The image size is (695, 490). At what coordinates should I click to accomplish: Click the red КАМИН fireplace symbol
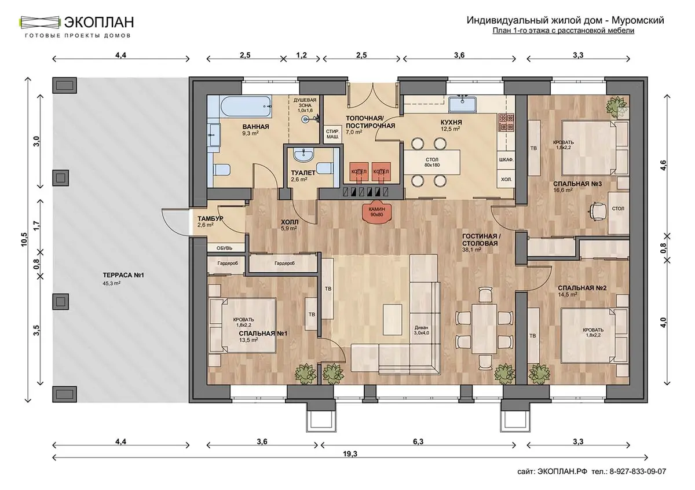[x=376, y=214]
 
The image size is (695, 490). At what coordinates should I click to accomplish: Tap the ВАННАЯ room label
[x=255, y=127]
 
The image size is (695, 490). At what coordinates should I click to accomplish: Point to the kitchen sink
[x=462, y=104]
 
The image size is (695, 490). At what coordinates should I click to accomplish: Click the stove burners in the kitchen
[x=506, y=122]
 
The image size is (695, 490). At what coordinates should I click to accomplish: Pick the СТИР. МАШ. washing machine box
[x=332, y=134]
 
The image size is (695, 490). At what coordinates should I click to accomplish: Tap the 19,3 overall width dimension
[x=350, y=454]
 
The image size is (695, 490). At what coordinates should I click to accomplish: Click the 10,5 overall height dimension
[x=24, y=240]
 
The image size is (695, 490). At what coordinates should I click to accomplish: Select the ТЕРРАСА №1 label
[x=123, y=275]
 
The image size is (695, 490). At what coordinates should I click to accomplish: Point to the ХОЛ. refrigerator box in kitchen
[x=506, y=180]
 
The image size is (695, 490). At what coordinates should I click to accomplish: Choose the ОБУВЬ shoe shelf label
[x=224, y=248]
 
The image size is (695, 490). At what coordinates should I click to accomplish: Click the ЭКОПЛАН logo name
[x=99, y=22]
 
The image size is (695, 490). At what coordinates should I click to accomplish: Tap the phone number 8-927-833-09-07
[x=638, y=471]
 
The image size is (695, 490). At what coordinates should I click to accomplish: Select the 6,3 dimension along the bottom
[x=418, y=441]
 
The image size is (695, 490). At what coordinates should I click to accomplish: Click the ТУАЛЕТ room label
[x=303, y=173]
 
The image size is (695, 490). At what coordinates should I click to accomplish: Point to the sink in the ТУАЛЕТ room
[x=304, y=155]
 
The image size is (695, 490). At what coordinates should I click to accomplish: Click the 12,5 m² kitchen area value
[x=450, y=128]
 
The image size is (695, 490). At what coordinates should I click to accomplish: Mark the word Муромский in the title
[x=638, y=20]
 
